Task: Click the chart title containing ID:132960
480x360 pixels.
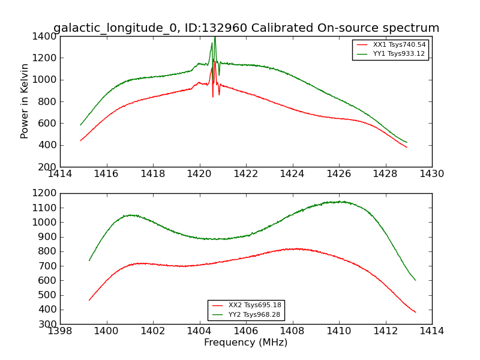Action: coord(246,28)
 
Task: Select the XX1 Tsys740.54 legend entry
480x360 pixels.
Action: coord(391,45)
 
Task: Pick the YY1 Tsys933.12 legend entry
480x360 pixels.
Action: coord(391,54)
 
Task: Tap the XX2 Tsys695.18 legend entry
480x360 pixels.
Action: coord(246,305)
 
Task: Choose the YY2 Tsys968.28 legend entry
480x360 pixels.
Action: coord(246,314)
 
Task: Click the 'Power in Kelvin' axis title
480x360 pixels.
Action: coord(25,101)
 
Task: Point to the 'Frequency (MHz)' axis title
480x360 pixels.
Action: coord(246,343)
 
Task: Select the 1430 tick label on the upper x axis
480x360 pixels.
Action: coord(431,174)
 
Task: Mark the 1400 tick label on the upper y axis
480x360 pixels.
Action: coord(45,36)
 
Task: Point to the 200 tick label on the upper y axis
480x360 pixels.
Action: coord(48,167)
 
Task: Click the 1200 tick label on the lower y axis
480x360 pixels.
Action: coord(45,193)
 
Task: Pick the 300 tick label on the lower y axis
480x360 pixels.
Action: coord(48,324)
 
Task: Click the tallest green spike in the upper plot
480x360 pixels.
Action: coord(215,38)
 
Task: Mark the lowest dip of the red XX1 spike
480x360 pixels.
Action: coord(212,96)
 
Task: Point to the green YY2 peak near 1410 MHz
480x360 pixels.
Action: coord(341,202)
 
